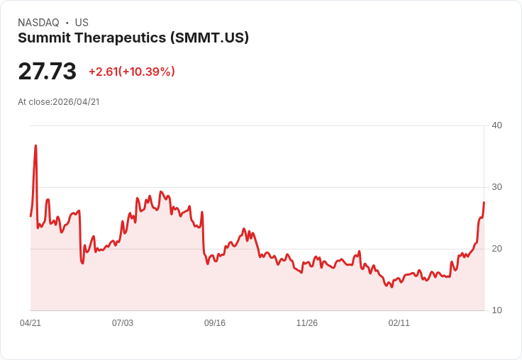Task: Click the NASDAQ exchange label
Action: click(x=38, y=23)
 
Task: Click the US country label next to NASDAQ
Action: click(x=82, y=23)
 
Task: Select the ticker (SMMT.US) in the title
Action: click(x=209, y=38)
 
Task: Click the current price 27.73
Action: click(x=47, y=72)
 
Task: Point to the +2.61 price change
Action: click(x=103, y=72)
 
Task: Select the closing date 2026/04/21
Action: click(x=76, y=102)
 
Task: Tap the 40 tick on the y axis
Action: click(x=496, y=125)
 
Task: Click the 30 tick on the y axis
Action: click(x=496, y=187)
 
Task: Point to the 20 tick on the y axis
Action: click(x=496, y=249)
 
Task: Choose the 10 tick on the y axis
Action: click(x=496, y=310)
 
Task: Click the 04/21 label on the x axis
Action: click(x=30, y=323)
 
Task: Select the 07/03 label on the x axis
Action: click(x=123, y=323)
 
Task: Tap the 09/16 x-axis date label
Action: click(x=215, y=323)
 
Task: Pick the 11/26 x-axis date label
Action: click(x=307, y=323)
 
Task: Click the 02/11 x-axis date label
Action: click(x=399, y=323)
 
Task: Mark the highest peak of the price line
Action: click(x=35, y=146)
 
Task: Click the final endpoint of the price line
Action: click(x=484, y=202)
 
